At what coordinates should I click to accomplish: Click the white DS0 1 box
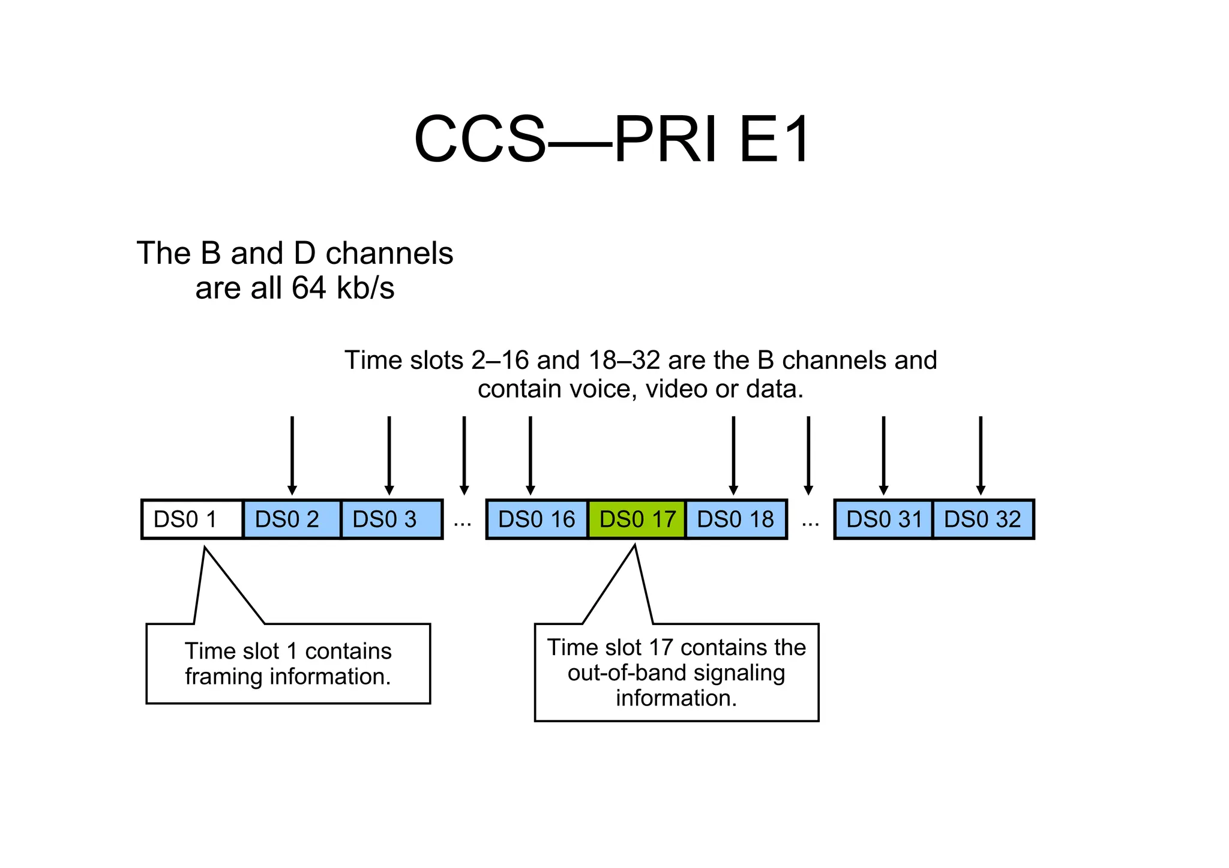tap(192, 519)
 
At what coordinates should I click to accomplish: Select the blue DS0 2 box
tap(292, 519)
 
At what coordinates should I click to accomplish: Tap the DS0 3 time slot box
tap(391, 519)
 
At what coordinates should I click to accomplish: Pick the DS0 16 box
tap(536, 519)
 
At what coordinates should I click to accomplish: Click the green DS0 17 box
tap(637, 519)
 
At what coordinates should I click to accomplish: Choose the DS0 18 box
tap(736, 519)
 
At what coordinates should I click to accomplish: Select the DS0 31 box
tap(883, 519)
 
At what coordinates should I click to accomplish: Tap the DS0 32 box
tap(983, 519)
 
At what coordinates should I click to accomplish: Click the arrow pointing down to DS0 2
tap(292, 456)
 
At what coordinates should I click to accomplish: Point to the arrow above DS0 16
tap(530, 456)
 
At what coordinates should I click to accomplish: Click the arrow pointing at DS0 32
tap(981, 456)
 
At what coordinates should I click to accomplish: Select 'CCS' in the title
tap(480, 140)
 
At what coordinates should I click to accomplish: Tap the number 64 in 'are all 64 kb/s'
tap(308, 289)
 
